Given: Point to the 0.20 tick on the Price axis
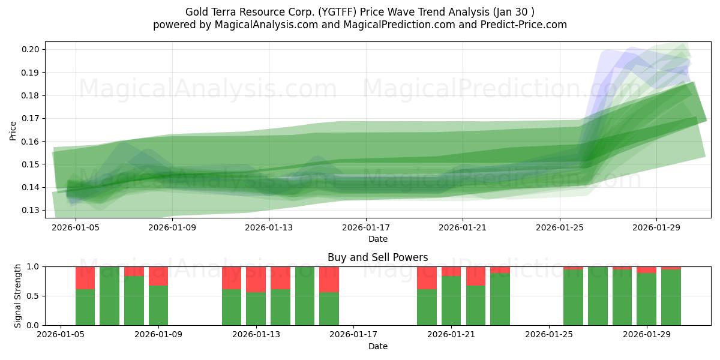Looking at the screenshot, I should coord(31,49).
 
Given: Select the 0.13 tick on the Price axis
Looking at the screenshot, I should coord(31,210).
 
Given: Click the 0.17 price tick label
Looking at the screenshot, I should coord(31,118).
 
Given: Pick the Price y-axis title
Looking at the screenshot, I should coord(13,130).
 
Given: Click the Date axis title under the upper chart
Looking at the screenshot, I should coord(378,239).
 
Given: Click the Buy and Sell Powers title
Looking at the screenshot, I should coord(378,257).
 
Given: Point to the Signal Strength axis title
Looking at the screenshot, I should coord(17,295).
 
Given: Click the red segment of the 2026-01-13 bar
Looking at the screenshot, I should coord(256,279).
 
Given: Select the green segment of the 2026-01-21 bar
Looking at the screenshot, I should coord(451,300).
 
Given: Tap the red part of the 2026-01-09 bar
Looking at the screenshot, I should coord(158,276).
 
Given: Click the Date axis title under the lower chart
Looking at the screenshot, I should coord(378,346).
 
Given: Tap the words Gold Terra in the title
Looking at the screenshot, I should coord(207,12).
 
